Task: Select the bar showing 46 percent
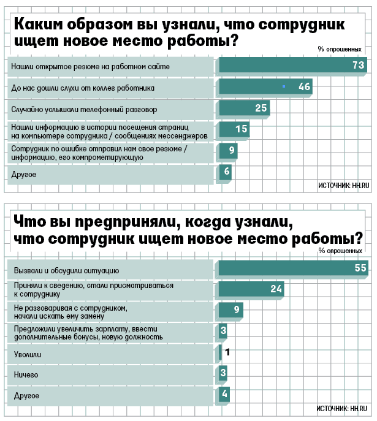point(265,87)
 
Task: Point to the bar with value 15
point(234,130)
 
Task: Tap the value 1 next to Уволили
point(227,353)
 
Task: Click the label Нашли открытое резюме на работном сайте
point(89,64)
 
